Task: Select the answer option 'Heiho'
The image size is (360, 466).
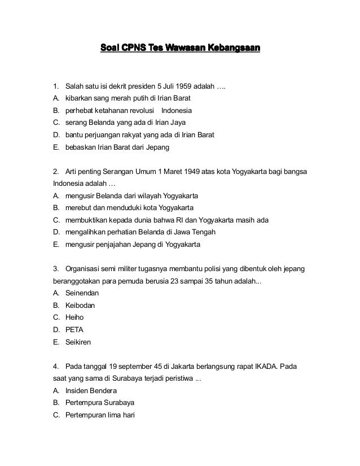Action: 74,317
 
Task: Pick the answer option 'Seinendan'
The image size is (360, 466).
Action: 82,293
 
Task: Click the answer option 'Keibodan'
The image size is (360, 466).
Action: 80,306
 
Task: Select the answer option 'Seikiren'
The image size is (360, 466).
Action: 78,342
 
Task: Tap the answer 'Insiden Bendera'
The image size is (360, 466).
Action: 91,391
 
